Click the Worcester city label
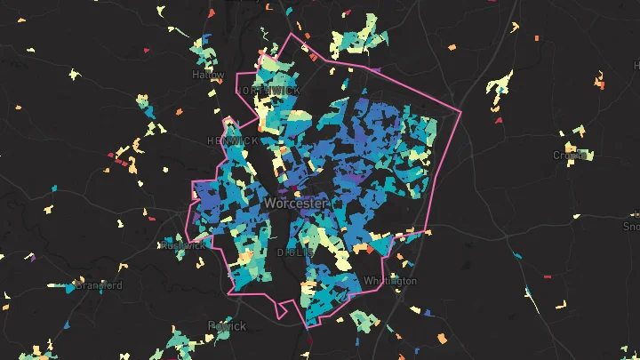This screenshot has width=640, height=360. coord(295,204)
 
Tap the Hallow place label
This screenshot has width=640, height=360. coord(208,76)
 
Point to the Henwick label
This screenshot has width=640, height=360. coord(232,141)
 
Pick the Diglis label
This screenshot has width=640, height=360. coord(294,252)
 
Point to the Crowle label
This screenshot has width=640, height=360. coord(570,155)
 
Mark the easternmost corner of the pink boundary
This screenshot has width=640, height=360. coord(461,112)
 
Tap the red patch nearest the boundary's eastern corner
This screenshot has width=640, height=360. coord(499,119)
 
